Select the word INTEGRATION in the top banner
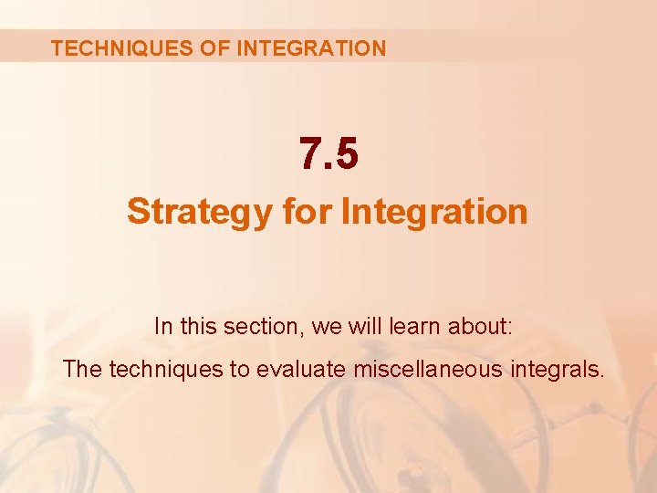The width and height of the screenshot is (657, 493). coord(311,48)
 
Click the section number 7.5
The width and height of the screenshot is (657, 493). coord(328,154)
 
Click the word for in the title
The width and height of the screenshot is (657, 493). coord(307,212)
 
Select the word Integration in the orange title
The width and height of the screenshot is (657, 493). coord(434,212)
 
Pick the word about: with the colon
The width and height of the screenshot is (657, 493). coord(465,326)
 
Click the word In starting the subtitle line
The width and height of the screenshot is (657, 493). coord(163,326)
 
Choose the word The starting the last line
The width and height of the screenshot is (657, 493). coord(82,370)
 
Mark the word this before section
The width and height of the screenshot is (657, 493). coord(198,326)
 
